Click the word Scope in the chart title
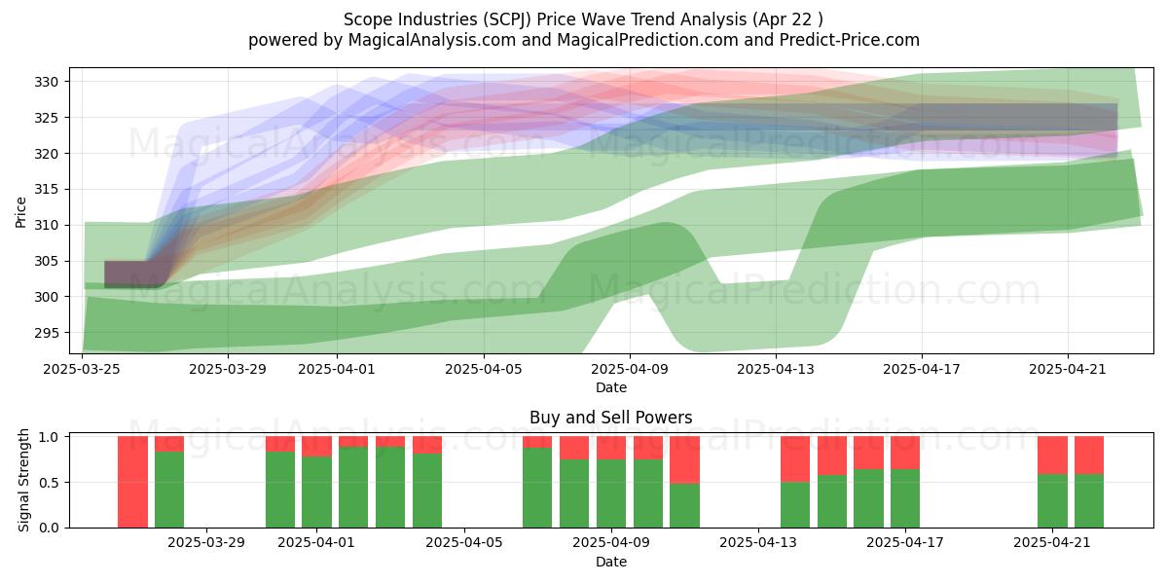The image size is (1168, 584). [x=363, y=19]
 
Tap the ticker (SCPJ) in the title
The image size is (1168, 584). [x=507, y=19]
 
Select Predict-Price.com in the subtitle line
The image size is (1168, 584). [x=850, y=40]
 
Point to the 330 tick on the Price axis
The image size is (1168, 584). [x=47, y=82]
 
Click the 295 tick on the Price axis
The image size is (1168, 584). [x=47, y=333]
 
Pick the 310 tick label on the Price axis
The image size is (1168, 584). [x=47, y=225]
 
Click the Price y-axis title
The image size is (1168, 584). [x=20, y=212]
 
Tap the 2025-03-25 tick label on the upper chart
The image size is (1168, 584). [x=82, y=369]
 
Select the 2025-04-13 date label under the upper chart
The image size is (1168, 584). [x=776, y=369]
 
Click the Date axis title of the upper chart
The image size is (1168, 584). [x=611, y=387]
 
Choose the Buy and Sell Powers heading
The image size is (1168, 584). [x=611, y=418]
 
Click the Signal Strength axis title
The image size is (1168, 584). [x=23, y=480]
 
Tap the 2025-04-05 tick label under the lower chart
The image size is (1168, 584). [x=464, y=543]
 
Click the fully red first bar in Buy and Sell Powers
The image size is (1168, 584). [x=133, y=482]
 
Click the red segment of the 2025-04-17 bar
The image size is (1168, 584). [x=905, y=453]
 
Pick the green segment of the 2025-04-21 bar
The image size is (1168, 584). [x=1052, y=500]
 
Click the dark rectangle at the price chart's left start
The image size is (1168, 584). [x=133, y=274]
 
